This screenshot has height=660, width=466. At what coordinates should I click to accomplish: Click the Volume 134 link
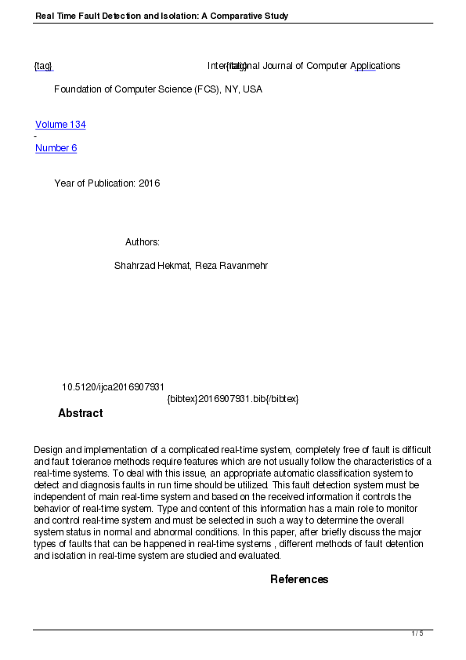(60, 125)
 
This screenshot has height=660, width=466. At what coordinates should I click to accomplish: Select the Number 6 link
(56, 148)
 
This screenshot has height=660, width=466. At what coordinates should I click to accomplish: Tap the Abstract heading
(80, 414)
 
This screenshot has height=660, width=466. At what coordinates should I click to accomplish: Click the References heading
(299, 580)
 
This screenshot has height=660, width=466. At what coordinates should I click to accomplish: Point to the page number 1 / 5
(417, 633)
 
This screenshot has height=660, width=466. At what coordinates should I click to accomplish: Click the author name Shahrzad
(134, 266)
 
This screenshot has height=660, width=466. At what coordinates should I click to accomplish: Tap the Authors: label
(143, 242)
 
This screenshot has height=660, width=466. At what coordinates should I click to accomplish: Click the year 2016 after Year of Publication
(149, 183)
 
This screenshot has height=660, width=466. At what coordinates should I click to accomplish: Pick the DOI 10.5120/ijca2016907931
(113, 387)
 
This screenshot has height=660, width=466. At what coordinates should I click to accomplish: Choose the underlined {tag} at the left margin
(43, 66)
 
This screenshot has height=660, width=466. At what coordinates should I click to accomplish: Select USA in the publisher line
(252, 89)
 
